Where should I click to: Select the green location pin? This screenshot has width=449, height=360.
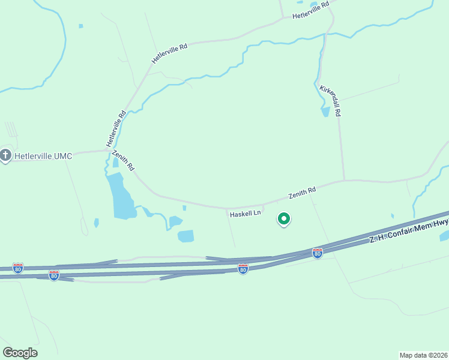tap(284, 220)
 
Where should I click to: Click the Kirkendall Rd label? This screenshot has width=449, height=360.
tap(330, 100)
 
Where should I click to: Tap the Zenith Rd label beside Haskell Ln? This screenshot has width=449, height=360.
tap(301, 193)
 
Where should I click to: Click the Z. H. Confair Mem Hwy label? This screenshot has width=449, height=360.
tap(408, 232)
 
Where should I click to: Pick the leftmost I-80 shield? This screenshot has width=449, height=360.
tap(18, 267)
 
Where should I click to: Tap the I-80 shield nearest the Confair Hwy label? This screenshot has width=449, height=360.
tap(318, 253)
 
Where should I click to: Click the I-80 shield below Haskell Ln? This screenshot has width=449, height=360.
tap(243, 269)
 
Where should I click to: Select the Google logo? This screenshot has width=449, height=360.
tap(20, 353)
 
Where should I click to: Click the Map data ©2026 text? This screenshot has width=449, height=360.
tap(423, 355)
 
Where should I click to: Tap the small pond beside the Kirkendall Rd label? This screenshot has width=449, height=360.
tap(325, 112)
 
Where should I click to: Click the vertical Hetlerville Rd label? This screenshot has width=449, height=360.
tap(116, 128)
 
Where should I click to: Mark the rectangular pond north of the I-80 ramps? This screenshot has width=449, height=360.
tap(186, 236)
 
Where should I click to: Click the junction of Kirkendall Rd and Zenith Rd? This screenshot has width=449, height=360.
tap(344, 180)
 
